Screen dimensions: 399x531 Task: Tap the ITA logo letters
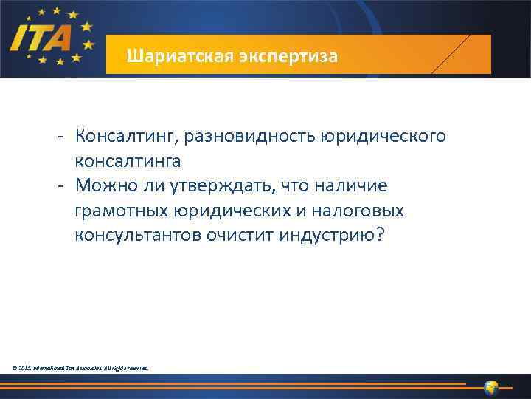[x=41, y=35]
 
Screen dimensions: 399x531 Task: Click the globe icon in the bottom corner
[x=492, y=387]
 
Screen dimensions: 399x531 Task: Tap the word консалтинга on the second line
[x=127, y=160]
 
